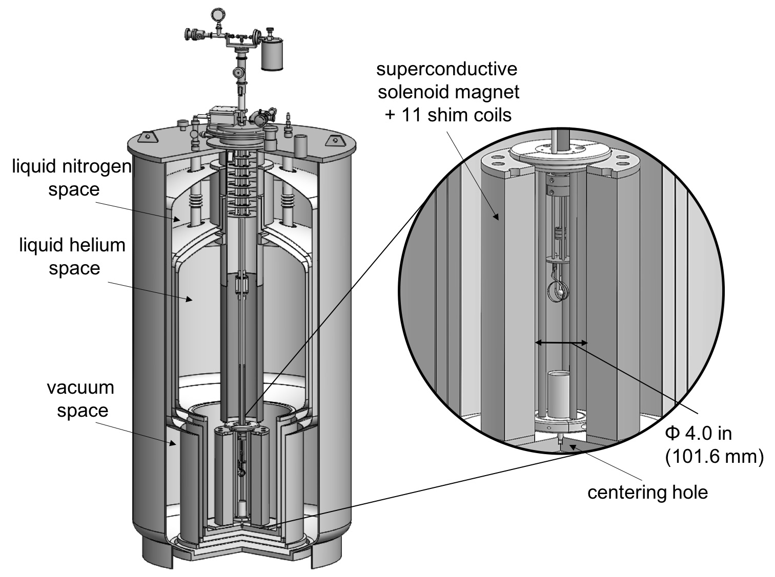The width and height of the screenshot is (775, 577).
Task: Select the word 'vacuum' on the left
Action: [x=80, y=387]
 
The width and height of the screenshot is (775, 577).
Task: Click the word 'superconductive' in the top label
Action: [x=447, y=69]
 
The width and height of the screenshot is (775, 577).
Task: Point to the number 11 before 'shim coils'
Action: [x=410, y=115]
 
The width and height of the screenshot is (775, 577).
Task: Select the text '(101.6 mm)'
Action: [x=714, y=456]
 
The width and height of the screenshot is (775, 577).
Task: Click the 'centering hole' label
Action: [x=647, y=492]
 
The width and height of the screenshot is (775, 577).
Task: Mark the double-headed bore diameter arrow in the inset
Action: [x=561, y=343]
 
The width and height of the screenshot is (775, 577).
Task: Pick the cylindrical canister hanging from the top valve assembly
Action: [x=272, y=56]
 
